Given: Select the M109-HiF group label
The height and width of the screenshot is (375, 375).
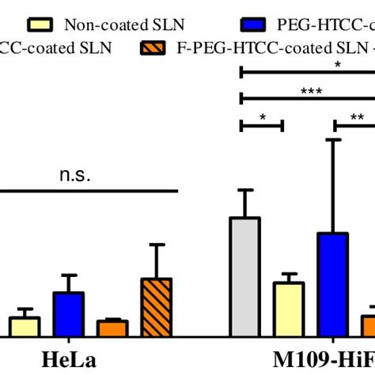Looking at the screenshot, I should tap(316, 360).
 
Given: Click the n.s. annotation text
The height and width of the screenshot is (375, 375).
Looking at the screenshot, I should tap(76, 176).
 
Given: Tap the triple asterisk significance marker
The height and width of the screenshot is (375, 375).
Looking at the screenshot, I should tap(310, 91).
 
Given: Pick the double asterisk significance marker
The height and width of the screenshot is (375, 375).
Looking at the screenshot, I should tap(357, 116).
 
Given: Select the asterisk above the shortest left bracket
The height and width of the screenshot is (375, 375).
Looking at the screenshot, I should tap(261, 116).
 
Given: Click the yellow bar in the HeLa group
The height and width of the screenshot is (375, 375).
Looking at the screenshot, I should tap(25, 327).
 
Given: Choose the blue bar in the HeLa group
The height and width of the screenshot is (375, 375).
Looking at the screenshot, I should tap(69, 315).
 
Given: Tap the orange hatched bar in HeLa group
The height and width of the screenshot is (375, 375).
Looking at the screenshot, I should tap(157, 308).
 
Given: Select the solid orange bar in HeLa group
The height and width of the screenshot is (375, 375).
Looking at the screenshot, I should tap(112, 328).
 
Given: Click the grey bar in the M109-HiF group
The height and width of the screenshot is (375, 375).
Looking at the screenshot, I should tap(244, 277).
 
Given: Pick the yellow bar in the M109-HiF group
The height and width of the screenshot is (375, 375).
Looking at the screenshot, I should tap(289, 309).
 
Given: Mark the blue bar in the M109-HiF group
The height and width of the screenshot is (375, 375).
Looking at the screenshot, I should tap(333, 285).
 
